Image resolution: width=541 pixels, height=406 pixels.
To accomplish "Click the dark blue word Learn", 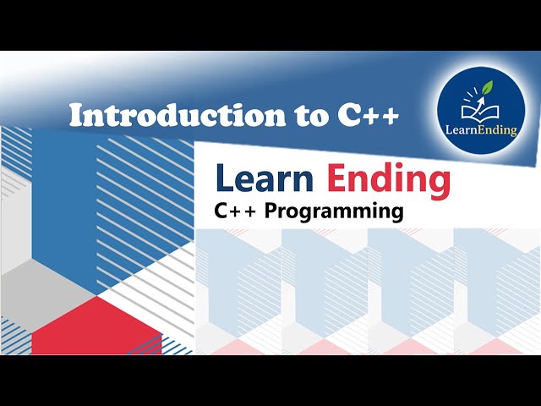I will tap(265, 178).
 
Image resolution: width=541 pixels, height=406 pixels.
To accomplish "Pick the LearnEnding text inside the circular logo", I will tap(478, 130).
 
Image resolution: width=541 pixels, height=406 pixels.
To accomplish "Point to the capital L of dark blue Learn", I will tap(224, 178).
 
